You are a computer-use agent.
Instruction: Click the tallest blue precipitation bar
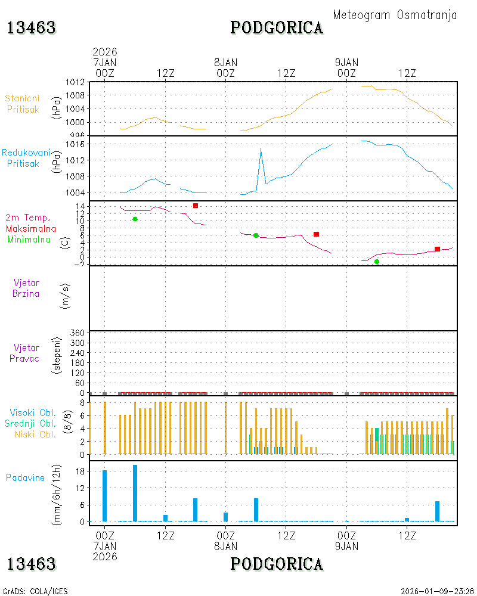click(x=135, y=493)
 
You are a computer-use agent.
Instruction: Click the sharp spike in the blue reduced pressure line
click(x=261, y=148)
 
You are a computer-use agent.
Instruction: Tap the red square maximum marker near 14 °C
click(x=196, y=206)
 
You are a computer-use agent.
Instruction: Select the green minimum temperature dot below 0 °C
click(x=377, y=262)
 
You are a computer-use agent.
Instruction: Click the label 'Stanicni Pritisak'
click(x=23, y=104)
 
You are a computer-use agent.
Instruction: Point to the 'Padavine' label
click(x=25, y=478)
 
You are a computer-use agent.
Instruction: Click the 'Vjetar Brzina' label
click(x=26, y=288)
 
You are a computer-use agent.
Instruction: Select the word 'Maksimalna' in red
click(x=31, y=229)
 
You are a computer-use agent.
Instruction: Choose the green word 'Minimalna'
click(x=29, y=240)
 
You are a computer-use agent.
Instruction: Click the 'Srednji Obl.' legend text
click(x=30, y=423)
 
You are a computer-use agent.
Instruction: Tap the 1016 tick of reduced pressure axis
click(x=75, y=144)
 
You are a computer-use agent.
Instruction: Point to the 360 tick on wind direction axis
click(x=78, y=333)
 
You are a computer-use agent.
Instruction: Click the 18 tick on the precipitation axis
click(x=80, y=471)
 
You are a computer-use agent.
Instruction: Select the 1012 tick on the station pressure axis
click(x=75, y=82)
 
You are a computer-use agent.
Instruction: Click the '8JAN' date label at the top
click(x=225, y=63)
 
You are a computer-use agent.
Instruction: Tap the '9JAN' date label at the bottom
click(x=346, y=546)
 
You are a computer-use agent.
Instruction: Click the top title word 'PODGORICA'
click(x=277, y=28)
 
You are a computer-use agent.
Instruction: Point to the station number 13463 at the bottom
click(x=32, y=564)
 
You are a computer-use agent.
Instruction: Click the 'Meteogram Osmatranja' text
click(x=395, y=15)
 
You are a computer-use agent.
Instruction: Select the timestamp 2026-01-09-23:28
click(x=437, y=591)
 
